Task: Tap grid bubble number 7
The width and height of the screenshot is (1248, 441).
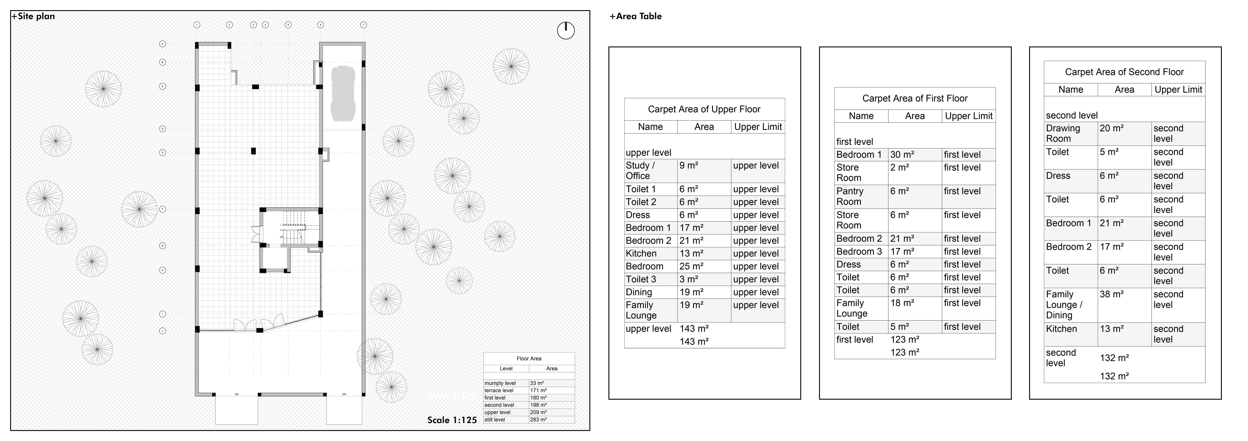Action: [363, 25]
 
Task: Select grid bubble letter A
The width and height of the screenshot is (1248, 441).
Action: [163, 44]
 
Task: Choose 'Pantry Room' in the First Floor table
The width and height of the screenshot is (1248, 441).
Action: [850, 196]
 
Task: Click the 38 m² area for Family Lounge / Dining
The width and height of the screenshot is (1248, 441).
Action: [1111, 294]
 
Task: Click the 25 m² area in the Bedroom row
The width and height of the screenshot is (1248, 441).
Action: [691, 266]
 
